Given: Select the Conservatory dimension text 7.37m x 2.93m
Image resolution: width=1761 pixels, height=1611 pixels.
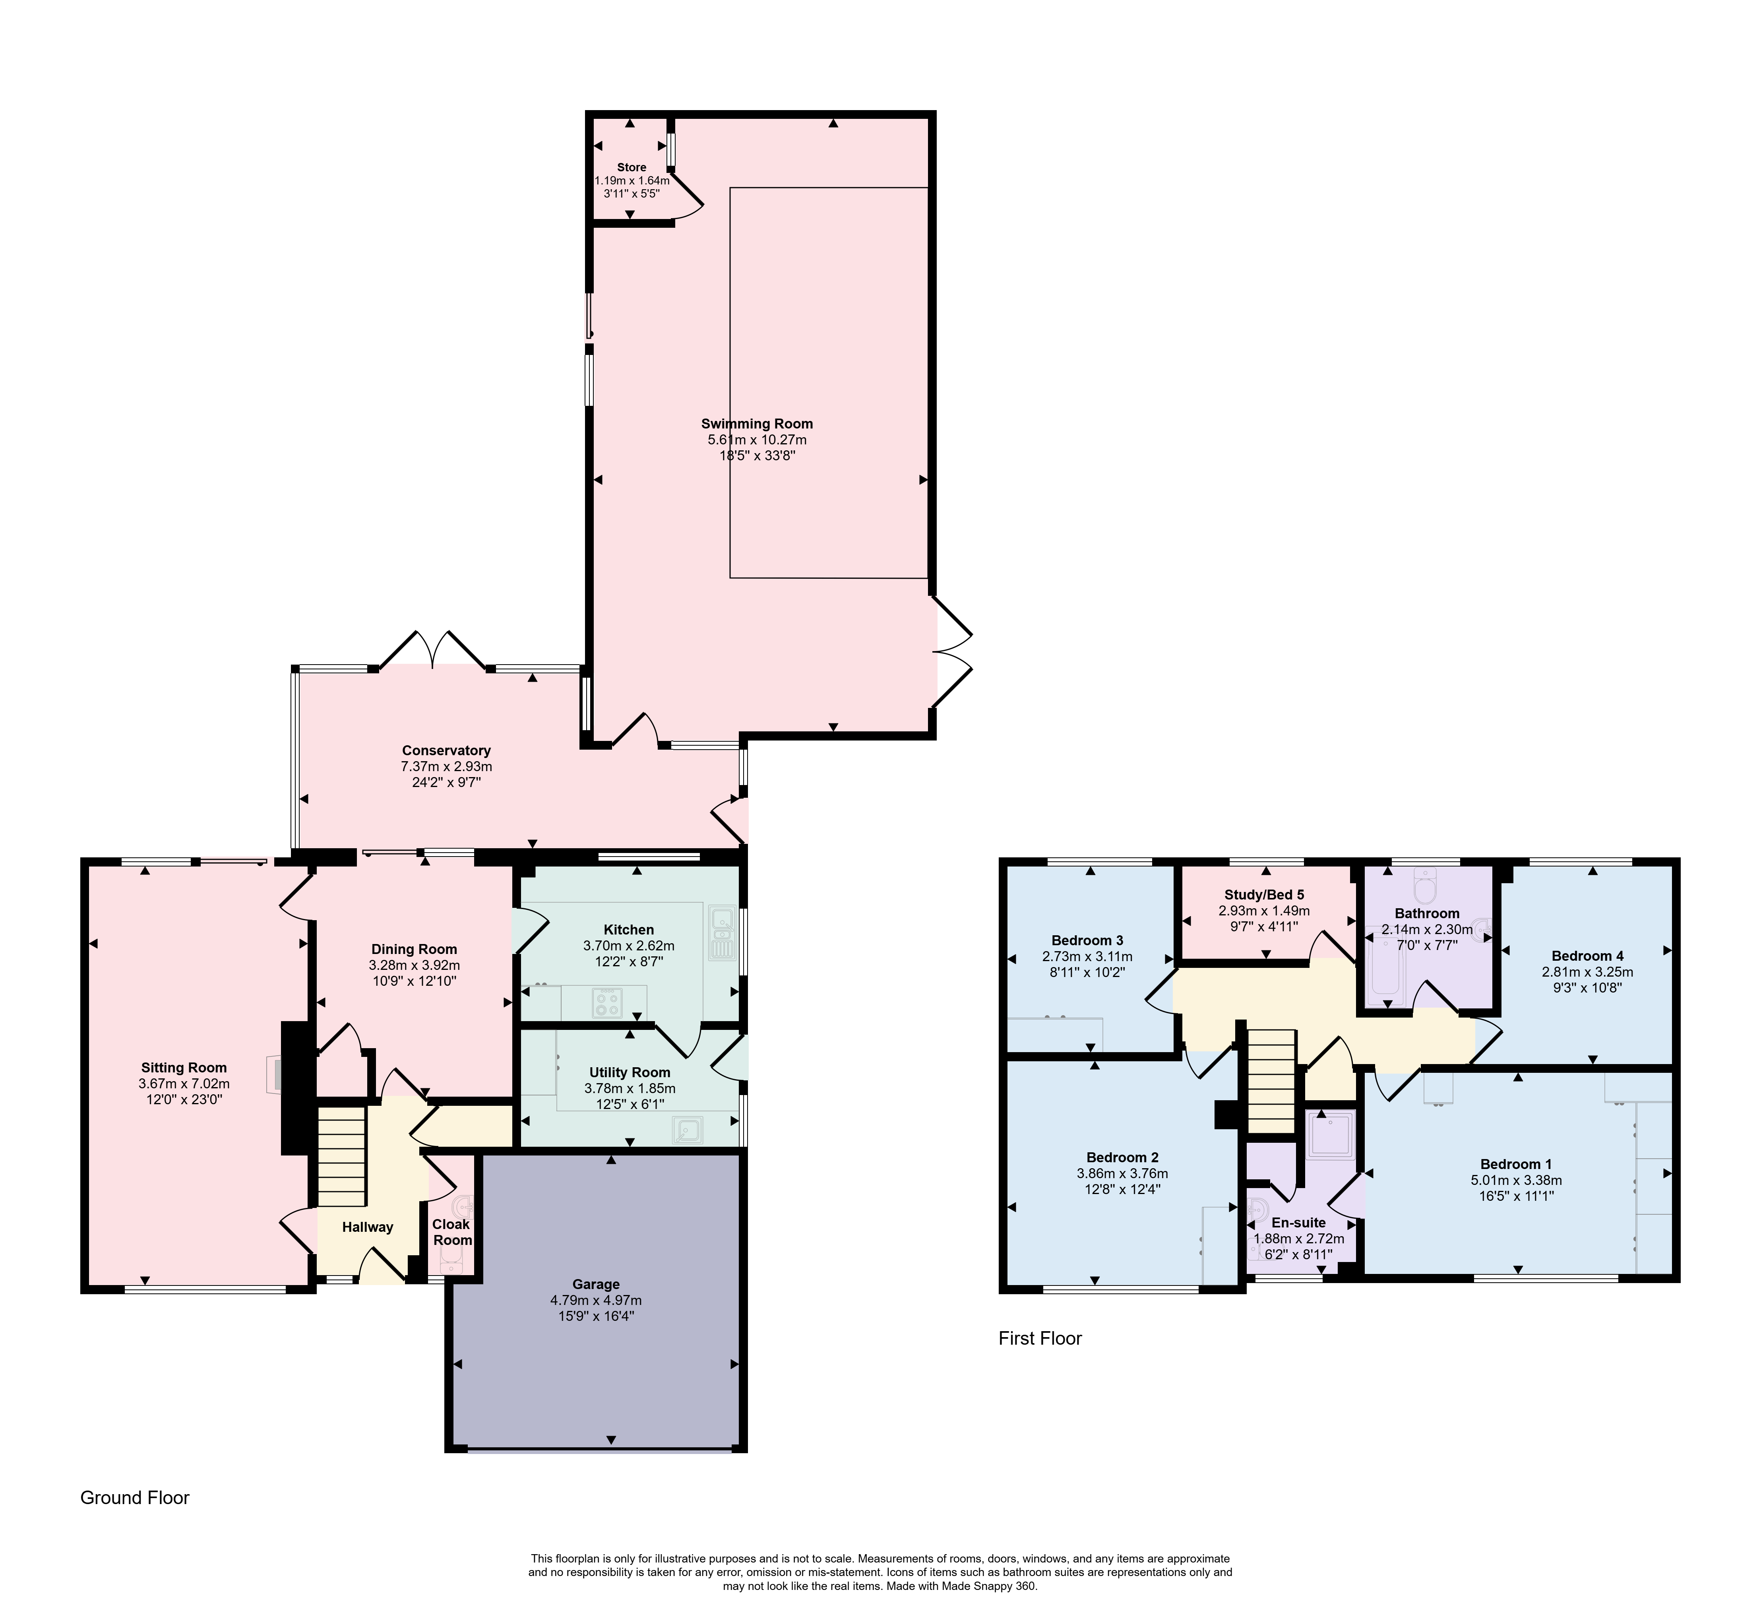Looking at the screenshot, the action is point(446,766).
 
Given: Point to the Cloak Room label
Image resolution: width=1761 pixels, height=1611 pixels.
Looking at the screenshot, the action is point(451,1232).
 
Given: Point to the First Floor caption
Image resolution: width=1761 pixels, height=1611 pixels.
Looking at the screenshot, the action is point(1040,1338).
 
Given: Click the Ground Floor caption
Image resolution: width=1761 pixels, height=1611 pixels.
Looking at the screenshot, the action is point(134,1497).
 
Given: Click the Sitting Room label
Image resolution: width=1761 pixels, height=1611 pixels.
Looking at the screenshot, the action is point(184,1068).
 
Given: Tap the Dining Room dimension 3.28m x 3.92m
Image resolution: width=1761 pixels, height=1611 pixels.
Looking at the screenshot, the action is point(414,965).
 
